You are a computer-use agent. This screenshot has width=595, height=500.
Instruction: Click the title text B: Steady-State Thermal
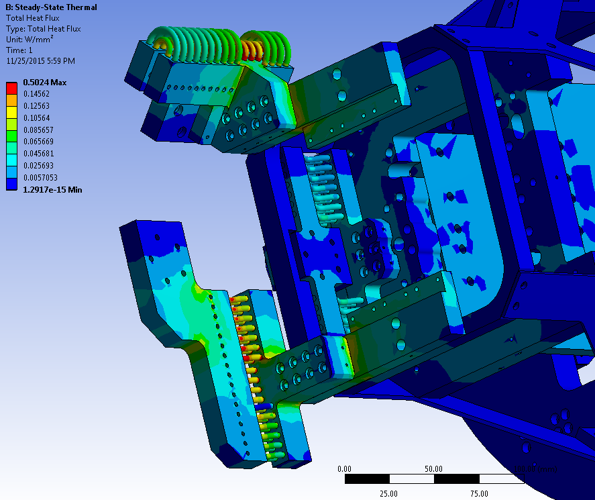51,7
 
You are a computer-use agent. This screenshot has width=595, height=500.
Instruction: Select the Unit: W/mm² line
30,40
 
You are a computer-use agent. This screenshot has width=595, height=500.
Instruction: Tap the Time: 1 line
19,50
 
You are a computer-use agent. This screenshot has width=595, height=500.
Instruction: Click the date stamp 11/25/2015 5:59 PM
40,61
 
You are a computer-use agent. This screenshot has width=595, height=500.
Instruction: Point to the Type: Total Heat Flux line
48,29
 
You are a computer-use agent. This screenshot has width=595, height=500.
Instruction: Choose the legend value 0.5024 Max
45,82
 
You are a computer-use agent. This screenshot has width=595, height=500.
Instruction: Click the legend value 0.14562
36,94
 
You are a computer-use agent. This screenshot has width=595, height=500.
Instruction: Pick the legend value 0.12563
36,106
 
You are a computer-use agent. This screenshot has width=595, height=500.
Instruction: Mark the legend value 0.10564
36,118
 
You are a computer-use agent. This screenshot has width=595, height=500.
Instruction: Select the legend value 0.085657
38,130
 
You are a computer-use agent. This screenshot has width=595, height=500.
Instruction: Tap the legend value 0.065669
38,142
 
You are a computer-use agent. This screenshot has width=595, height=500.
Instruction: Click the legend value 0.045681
38,154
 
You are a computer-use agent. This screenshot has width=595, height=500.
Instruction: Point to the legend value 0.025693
38,166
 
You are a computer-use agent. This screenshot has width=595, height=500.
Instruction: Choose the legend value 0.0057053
40,178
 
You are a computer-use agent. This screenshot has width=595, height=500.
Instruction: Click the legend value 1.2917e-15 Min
52,190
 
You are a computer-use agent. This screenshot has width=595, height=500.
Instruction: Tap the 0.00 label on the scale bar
344,468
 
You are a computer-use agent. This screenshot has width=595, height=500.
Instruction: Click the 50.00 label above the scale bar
433,468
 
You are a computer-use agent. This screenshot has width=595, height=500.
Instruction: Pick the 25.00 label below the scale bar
388,493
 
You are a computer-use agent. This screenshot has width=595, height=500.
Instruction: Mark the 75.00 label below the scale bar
478,493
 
